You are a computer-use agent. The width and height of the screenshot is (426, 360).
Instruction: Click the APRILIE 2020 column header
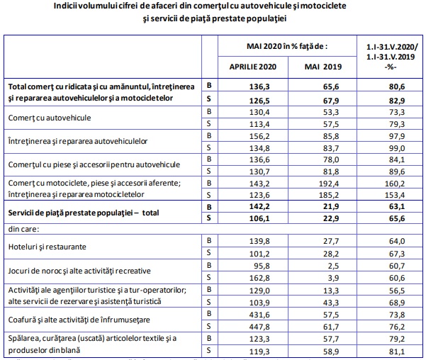pos(252,65)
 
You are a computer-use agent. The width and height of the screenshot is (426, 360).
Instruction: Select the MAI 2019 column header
pos(323,65)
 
